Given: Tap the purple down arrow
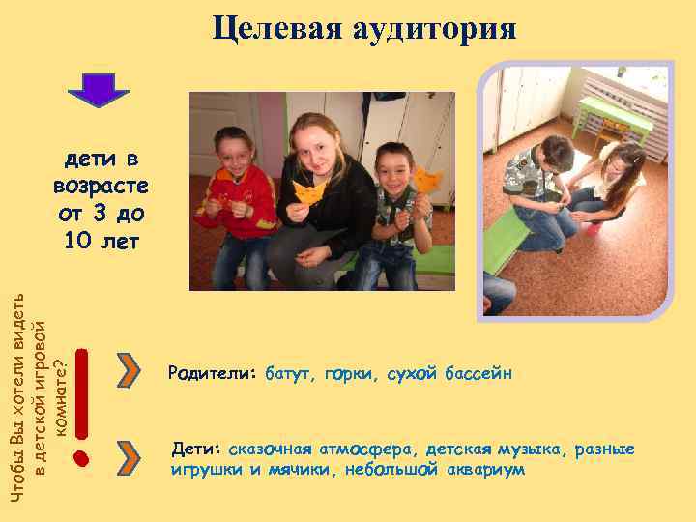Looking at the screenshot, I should click(97, 90).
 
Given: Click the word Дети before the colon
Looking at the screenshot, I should click(195, 449).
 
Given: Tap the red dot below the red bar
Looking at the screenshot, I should click(82, 455).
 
